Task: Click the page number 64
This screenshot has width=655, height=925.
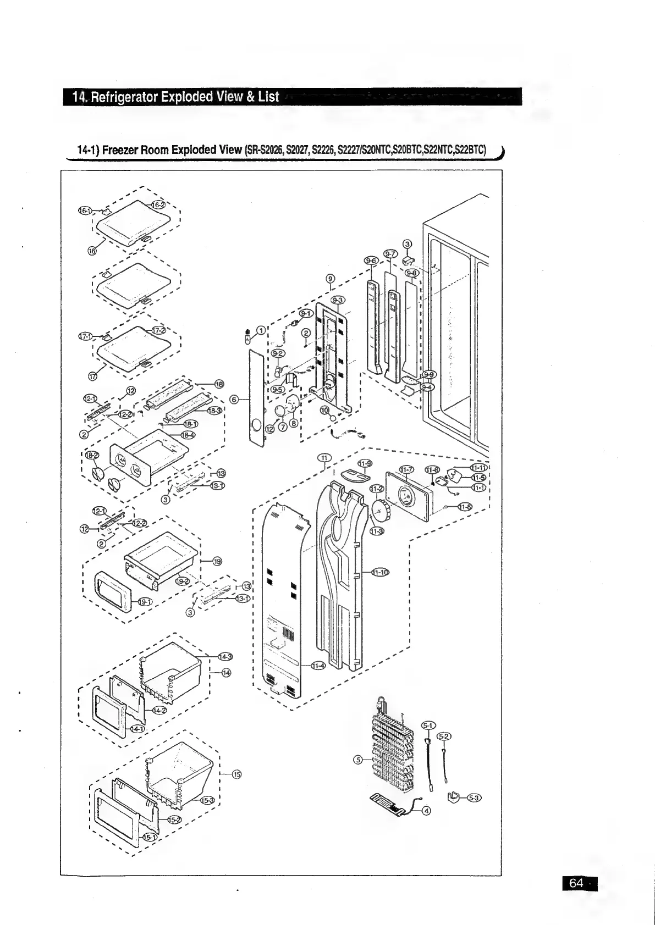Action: pos(576,883)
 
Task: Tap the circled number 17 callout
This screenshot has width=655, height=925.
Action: pos(92,376)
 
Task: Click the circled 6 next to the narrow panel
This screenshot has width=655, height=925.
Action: pos(234,400)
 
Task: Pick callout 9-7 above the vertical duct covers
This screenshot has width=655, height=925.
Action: pos(390,253)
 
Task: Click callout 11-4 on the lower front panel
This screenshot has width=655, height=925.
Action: pos(318,666)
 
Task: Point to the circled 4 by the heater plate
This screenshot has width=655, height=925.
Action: pos(426,811)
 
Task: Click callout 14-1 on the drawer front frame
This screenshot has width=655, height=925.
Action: pos(134,728)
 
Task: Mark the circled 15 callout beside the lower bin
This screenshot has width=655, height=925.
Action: pos(236,774)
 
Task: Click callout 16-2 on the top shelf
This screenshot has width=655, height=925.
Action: pos(158,204)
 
